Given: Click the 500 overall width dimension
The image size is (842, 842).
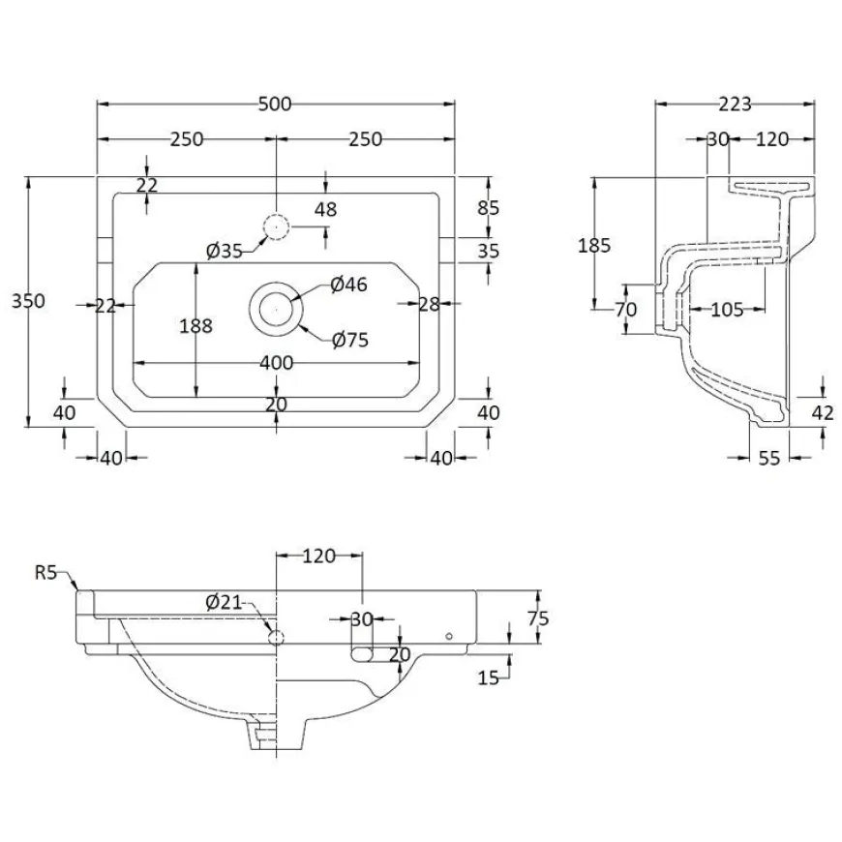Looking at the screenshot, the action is click(x=275, y=104).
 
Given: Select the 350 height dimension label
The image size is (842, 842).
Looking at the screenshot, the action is click(x=28, y=301).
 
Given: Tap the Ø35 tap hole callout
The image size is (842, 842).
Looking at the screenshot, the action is click(x=225, y=251).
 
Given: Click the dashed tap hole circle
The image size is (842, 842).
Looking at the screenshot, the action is click(x=276, y=227).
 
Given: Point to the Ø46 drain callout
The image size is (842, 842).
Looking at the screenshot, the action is click(x=349, y=285).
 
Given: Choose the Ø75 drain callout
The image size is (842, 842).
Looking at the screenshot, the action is click(x=350, y=340).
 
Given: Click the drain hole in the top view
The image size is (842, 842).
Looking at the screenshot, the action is click(x=276, y=310).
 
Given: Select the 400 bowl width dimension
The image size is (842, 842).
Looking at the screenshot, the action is click(x=277, y=363).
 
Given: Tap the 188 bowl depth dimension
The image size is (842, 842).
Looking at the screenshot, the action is click(x=196, y=325).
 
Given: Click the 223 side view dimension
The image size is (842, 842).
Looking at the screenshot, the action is click(x=736, y=104).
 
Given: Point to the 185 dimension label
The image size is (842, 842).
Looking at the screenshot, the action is click(x=594, y=246).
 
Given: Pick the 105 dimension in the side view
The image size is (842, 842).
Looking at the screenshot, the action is click(x=727, y=310).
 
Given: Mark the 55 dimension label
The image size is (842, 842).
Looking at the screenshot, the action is click(x=769, y=458).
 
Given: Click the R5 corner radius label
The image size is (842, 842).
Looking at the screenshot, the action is click(x=45, y=572).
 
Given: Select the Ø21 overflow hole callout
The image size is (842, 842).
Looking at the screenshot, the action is click(x=224, y=603).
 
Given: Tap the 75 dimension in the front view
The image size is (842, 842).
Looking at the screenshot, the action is click(x=538, y=618).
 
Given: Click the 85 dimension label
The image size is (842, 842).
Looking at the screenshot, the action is click(x=488, y=208).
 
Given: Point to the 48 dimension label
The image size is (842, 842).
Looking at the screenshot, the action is click(x=325, y=209).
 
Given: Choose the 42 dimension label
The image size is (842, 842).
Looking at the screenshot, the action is click(x=823, y=412).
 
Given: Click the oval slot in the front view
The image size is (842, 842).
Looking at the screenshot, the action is click(x=363, y=654).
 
